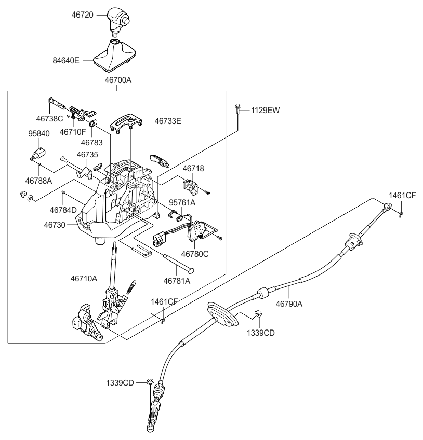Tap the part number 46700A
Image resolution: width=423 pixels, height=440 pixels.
click(117, 81)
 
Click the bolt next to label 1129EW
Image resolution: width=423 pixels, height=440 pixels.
click(237, 110)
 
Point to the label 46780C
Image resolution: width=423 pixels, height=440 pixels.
click(195, 254)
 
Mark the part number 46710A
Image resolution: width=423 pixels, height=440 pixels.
click(84, 279)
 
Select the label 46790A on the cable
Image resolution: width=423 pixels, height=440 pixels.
click(288, 305)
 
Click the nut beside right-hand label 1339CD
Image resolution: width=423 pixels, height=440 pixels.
click(258, 314)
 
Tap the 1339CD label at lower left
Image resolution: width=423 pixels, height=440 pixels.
click(121, 383)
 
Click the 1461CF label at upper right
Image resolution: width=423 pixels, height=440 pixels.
click(402, 195)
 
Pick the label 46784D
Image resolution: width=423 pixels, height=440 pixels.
click(63, 210)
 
